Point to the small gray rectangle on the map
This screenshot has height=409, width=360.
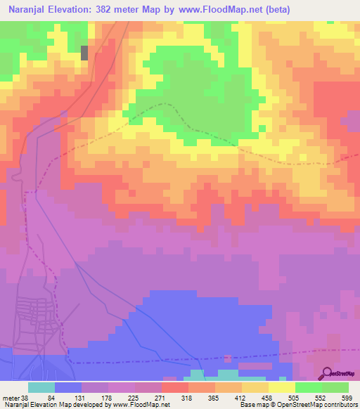click(x=85, y=53)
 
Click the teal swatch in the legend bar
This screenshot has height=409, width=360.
click(x=41, y=387)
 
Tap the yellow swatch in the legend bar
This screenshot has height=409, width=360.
click(x=282, y=387)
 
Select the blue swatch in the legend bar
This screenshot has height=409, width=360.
click(x=68, y=387)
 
